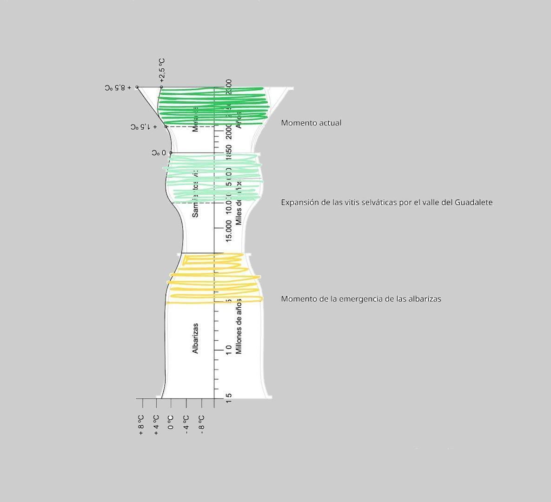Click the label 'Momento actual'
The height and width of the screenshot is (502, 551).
tap(311, 123)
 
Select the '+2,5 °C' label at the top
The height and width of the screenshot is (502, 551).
tap(161, 70)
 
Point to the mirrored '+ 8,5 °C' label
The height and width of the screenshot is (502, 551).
tap(118, 87)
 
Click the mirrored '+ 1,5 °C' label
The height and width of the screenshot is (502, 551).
tap(144, 126)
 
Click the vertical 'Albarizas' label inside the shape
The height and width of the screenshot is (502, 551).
tap(195, 338)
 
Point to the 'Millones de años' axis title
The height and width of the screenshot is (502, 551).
tap(239, 327)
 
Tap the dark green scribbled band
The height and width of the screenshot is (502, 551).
tap(214, 106)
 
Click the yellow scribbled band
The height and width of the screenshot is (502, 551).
tap(214, 279)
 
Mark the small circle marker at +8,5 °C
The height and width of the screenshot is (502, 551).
tap(137, 87)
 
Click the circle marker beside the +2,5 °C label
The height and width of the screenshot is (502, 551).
tap(161, 87)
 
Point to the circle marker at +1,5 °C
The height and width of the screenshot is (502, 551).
tap(166, 126)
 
